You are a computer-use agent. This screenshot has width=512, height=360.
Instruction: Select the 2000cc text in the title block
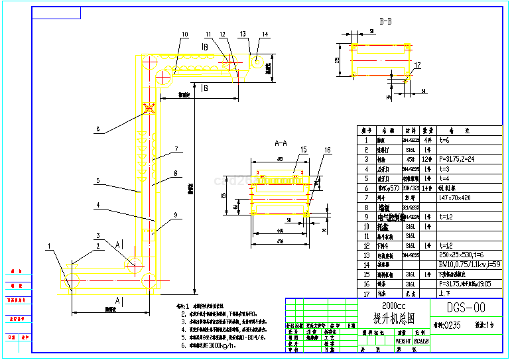375,305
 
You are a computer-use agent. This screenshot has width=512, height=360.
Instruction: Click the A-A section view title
281,143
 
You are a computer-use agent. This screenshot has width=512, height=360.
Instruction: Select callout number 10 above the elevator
184,34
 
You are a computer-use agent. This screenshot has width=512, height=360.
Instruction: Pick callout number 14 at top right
265,34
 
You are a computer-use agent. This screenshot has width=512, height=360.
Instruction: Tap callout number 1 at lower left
50,247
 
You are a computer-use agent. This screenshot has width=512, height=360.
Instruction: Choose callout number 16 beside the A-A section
327,150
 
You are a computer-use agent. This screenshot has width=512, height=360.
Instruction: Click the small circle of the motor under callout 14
256,60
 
